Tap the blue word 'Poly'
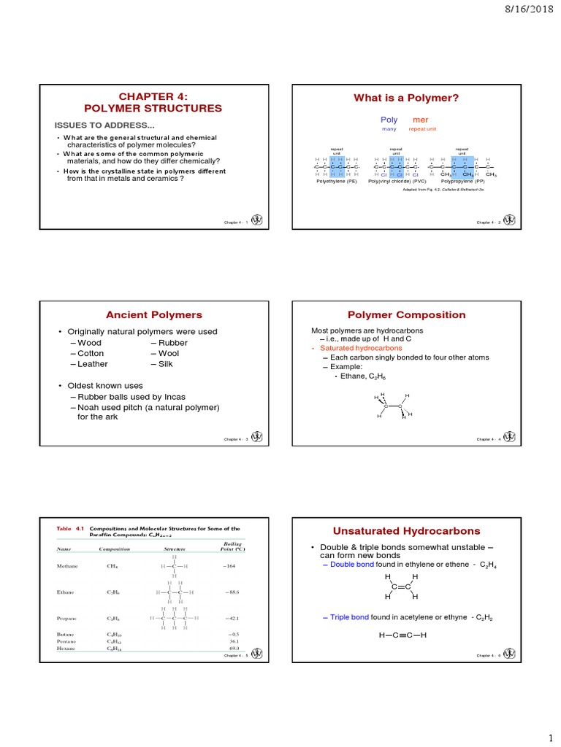point(389,120)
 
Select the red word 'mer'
point(421,120)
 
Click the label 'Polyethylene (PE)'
point(336,181)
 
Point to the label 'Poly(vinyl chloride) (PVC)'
point(397,181)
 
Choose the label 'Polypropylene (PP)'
point(462,181)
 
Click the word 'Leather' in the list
point(91,364)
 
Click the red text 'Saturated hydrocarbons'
point(351,348)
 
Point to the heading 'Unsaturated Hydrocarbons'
point(406,530)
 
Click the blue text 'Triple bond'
point(349,616)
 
